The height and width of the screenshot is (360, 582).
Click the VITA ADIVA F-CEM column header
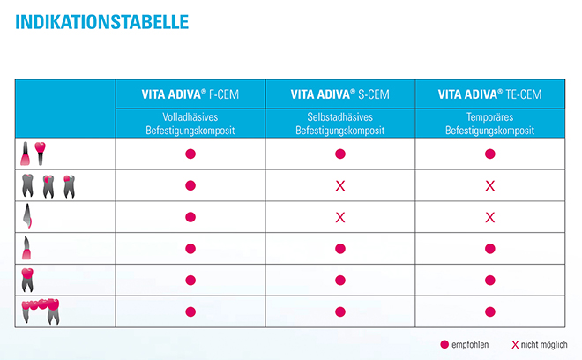pos(190,94)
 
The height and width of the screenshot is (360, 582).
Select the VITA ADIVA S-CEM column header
pos(339,94)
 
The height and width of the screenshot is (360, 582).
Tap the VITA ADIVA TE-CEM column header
pos(489,94)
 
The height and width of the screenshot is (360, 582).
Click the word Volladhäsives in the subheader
pos(190,117)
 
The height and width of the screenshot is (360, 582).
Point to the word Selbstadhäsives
pos(339,117)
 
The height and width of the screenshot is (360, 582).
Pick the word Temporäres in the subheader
pos(489,117)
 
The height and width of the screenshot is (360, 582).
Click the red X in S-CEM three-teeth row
pos(339,186)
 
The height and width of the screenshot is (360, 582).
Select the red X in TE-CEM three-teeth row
pos(490,186)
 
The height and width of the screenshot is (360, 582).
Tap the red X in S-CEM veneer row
pos(339,217)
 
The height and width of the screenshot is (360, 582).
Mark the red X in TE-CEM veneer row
pos(490,217)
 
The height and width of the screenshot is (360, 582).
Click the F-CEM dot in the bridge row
pos(190,311)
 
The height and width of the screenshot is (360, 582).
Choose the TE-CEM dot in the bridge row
pos(490,311)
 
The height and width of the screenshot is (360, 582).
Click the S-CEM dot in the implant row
pos(339,154)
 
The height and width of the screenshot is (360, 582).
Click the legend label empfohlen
pos(472,344)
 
